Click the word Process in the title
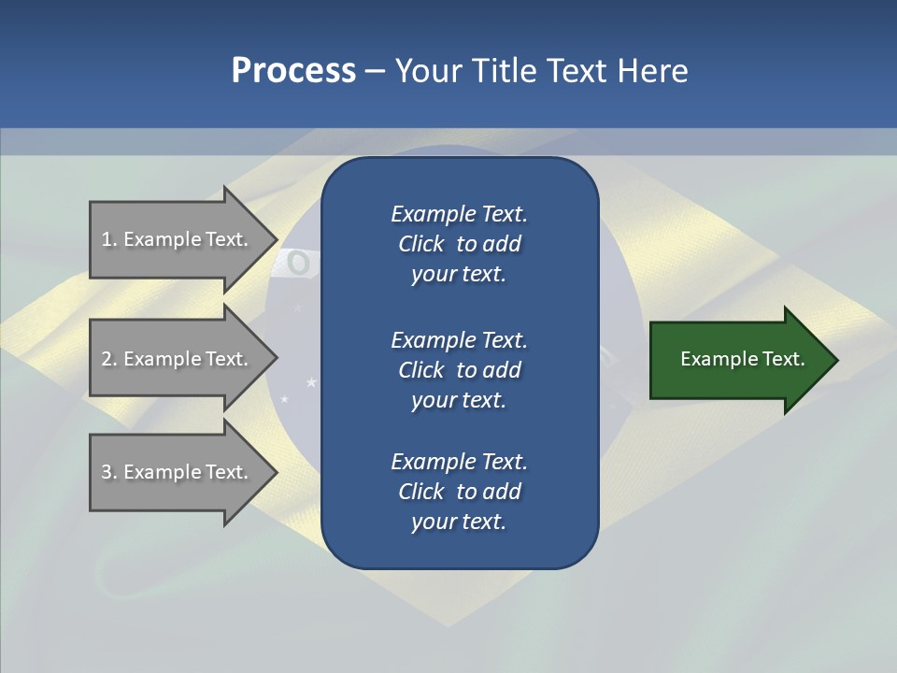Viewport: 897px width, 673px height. tap(293, 71)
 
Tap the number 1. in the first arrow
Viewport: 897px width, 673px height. tap(109, 239)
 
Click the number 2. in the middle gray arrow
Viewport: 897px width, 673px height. tap(109, 359)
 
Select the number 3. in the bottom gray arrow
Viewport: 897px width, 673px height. tap(109, 472)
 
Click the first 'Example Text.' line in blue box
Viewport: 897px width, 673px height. tap(459, 214)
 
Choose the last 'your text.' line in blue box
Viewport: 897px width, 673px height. tap(459, 522)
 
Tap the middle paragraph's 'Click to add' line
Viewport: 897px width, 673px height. tap(459, 370)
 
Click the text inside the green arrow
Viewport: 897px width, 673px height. tap(743, 359)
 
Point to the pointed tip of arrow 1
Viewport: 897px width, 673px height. tap(276, 239)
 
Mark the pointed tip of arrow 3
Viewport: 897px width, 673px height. tap(276, 472)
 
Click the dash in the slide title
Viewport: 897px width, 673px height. tap(375, 71)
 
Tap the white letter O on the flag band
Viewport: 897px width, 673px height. tap(298, 264)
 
